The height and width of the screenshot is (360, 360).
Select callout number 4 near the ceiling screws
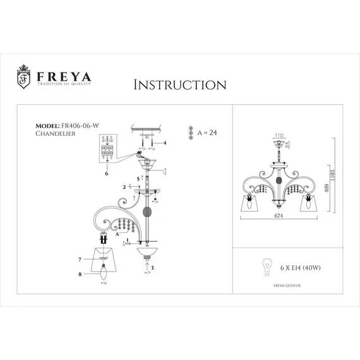point(165,143)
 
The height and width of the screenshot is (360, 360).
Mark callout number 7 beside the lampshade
point(80,260)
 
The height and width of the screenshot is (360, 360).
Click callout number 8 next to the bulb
point(80,275)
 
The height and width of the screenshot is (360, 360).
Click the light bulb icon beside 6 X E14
point(266,266)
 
